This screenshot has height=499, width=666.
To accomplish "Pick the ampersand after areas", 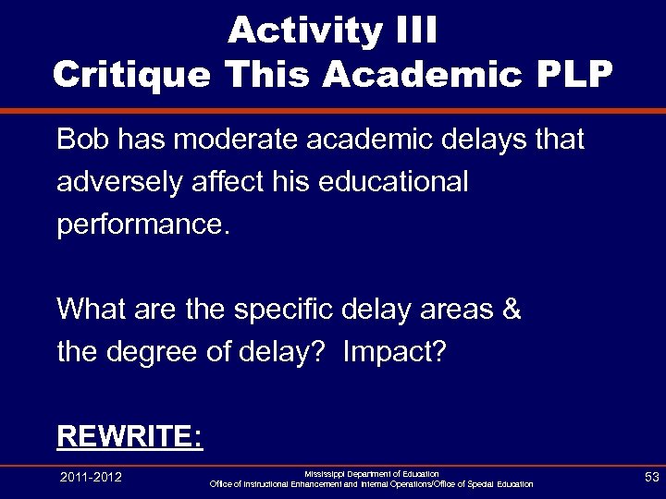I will (512, 310).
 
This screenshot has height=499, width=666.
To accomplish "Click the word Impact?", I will (395, 352).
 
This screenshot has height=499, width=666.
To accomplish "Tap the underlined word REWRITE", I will (127, 435).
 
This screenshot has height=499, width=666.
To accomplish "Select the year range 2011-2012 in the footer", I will (91, 478).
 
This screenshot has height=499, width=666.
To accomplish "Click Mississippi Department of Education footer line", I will (372, 473).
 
